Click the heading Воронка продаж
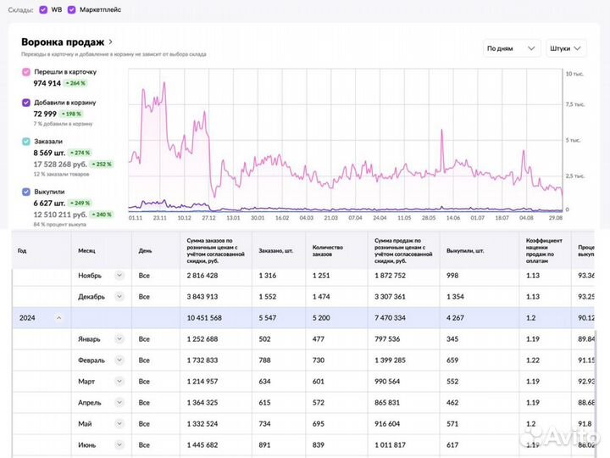[63, 42]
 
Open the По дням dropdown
[511, 48]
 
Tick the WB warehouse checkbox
[43, 10]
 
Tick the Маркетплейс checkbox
[72, 10]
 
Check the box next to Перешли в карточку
[26, 73]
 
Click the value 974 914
[47, 83]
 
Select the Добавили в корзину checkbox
[26, 103]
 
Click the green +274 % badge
[81, 153]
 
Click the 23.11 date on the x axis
[160, 218]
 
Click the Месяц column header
[86, 251]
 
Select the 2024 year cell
[28, 317]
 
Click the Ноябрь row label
[91, 275]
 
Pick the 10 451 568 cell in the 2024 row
[204, 317]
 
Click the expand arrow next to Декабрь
[119, 296]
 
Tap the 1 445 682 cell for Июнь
[202, 444]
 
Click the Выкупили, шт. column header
[464, 251]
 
